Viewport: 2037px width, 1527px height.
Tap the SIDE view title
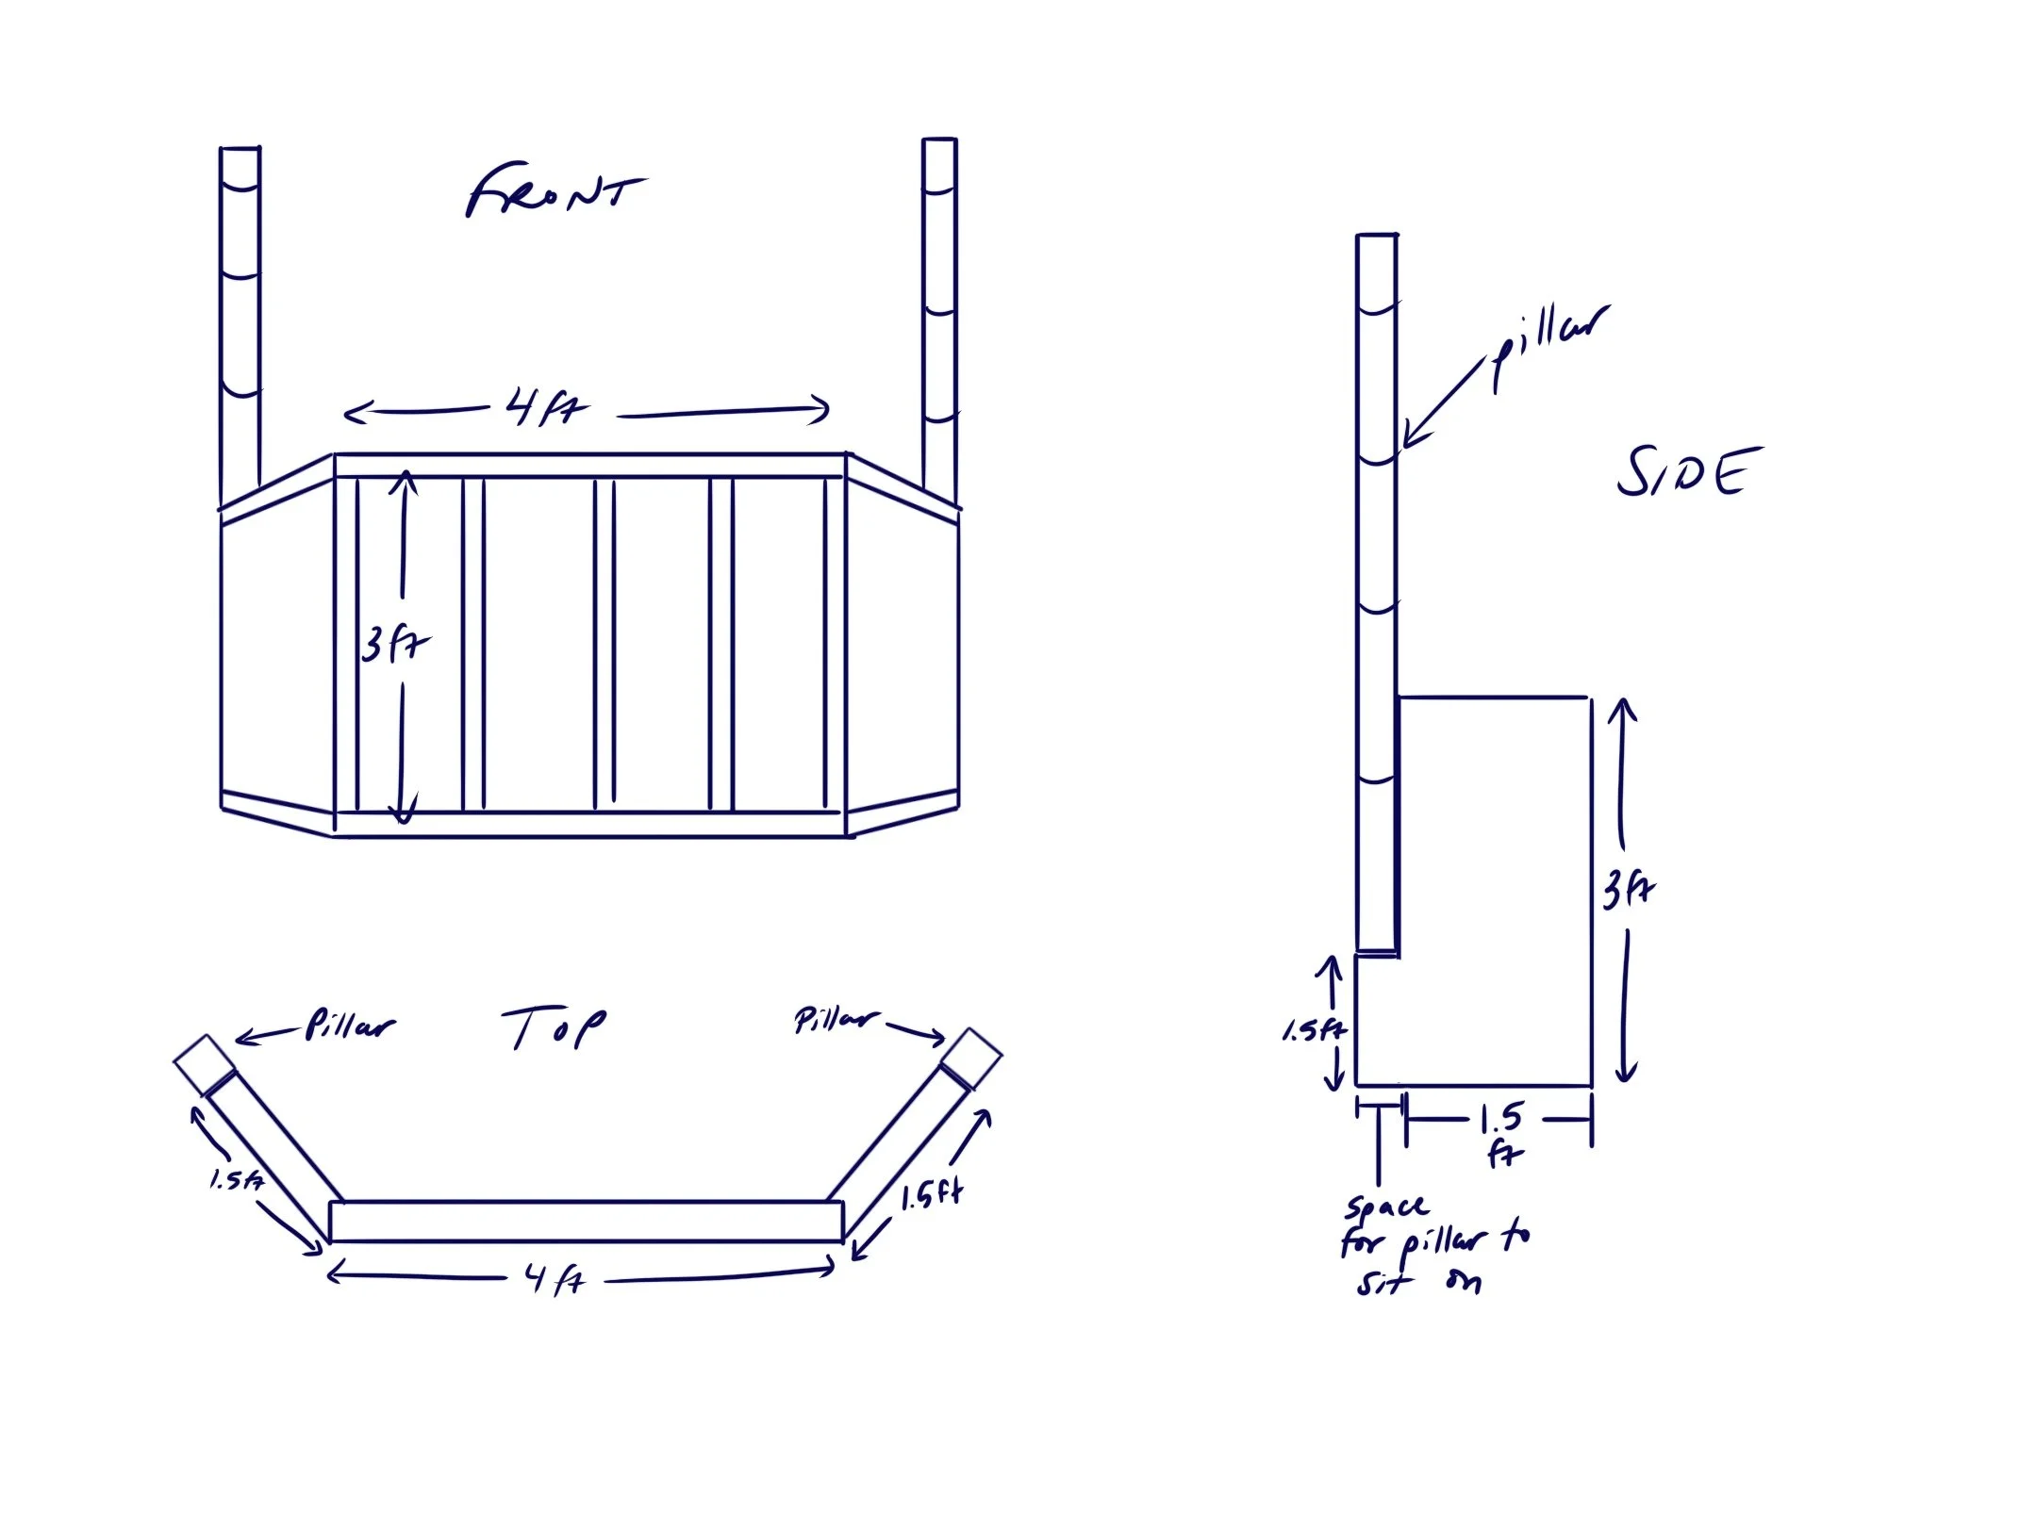tap(1688, 473)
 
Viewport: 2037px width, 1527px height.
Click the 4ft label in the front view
tap(545, 409)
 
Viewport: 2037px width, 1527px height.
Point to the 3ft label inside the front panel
tap(394, 646)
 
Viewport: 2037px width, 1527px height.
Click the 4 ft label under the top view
tap(555, 1280)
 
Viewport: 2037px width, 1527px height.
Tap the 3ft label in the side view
tap(1629, 889)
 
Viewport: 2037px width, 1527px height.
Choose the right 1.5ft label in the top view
tap(930, 1197)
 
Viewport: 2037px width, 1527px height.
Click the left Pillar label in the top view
tap(349, 1026)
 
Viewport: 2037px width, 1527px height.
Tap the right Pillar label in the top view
tap(835, 1020)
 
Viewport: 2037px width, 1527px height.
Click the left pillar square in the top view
tap(204, 1064)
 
